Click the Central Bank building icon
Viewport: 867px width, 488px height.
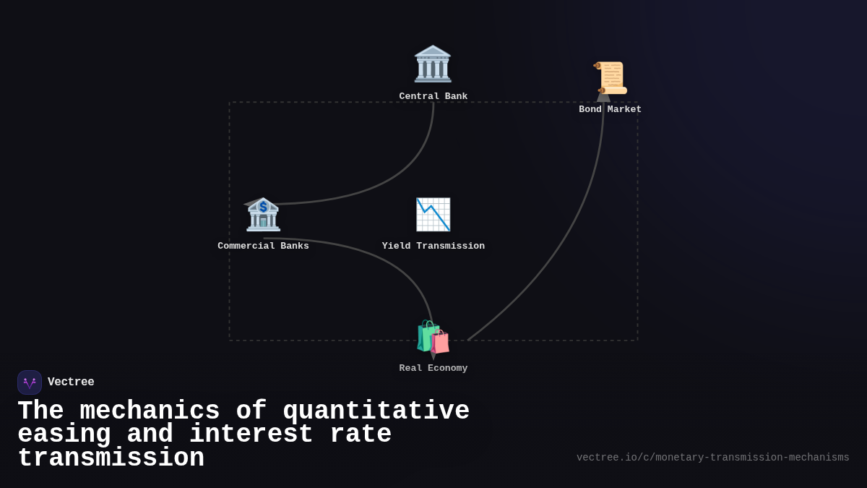pyautogui.click(x=433, y=64)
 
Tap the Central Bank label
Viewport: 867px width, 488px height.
pyautogui.click(x=433, y=97)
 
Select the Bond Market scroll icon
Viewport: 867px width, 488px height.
pyautogui.click(x=611, y=78)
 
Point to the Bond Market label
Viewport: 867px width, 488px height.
pyautogui.click(x=610, y=110)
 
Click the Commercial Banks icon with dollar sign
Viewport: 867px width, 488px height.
pyautogui.click(x=263, y=214)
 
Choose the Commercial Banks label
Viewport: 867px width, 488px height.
pyautogui.click(x=263, y=247)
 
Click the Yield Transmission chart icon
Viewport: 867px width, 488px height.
pyautogui.click(x=433, y=214)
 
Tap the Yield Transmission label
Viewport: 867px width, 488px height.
pyautogui.click(x=433, y=247)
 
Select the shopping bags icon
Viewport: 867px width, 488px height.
pyautogui.click(x=433, y=338)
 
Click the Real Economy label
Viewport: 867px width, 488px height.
pyautogui.click(x=433, y=369)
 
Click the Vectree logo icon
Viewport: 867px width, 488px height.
pyautogui.click(x=30, y=382)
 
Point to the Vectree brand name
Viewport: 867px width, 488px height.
pyautogui.click(x=71, y=382)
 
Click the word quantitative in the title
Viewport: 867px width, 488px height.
pyautogui.click(x=376, y=411)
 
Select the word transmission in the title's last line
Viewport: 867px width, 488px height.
pyautogui.click(x=111, y=458)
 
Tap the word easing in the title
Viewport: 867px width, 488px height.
pyautogui.click(x=64, y=435)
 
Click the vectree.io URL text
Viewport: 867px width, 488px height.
pyautogui.click(x=712, y=458)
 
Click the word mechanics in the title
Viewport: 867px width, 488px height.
pyautogui.click(x=150, y=411)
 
